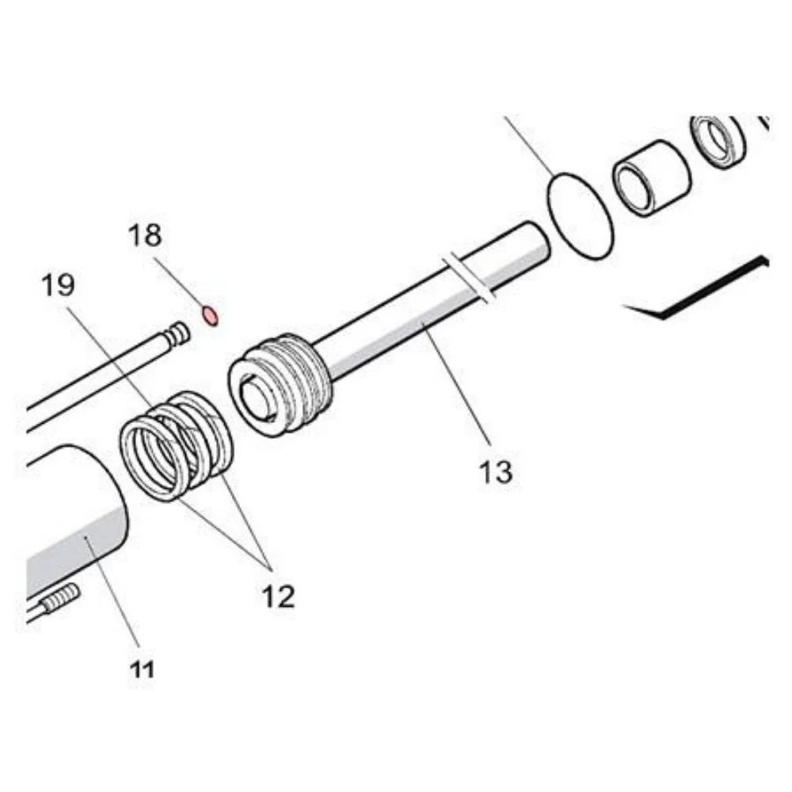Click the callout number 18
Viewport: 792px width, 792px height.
pyautogui.click(x=145, y=235)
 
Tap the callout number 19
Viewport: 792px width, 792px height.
pyautogui.click(x=58, y=284)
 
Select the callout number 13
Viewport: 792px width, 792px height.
pyautogui.click(x=496, y=472)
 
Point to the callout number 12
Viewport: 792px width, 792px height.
pyautogui.click(x=278, y=596)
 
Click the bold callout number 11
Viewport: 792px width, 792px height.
pyautogui.click(x=142, y=670)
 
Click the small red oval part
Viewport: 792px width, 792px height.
pyautogui.click(x=210, y=316)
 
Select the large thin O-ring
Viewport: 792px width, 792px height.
pyautogui.click(x=581, y=216)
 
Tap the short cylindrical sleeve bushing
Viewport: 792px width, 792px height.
pyautogui.click(x=651, y=177)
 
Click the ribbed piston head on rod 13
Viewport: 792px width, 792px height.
pyautogui.click(x=281, y=383)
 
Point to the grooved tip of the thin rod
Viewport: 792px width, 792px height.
pyautogui.click(x=177, y=335)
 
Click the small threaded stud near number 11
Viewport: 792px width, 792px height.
pyautogui.click(x=59, y=597)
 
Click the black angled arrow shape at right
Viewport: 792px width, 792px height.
pyautogui.click(x=697, y=289)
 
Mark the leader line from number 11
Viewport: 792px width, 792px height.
pyautogui.click(x=112, y=592)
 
